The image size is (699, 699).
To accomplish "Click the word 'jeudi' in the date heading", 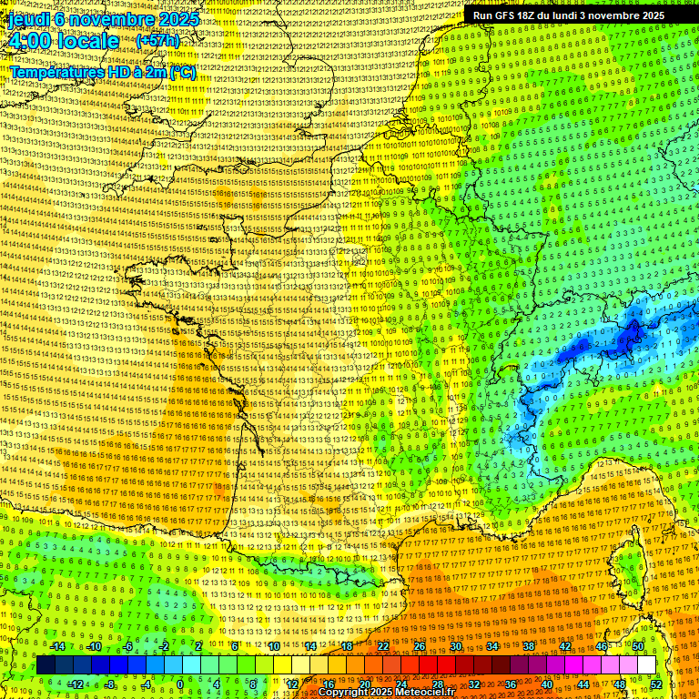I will point(27,18).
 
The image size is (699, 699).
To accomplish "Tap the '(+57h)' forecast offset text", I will point(157,41).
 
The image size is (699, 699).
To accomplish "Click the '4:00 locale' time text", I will point(64,41).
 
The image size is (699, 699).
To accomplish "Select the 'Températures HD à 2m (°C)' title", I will point(103,72).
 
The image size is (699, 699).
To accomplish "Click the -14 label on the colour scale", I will point(58,646).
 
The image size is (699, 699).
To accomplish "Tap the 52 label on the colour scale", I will point(656,684).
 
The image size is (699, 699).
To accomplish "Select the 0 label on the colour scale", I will point(179,684).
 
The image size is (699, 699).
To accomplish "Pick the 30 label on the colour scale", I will point(455,646).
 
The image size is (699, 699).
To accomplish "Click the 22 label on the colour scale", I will point(383,646).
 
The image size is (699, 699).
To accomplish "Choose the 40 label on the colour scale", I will point(546,684).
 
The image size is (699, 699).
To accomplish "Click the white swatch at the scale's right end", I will point(646,665).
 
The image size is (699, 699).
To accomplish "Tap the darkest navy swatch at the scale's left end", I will point(46,665).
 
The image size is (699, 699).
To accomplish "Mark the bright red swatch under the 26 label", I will point(428,665).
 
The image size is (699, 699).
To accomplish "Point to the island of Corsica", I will point(628,564).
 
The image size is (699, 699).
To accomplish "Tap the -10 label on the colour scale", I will point(95,646).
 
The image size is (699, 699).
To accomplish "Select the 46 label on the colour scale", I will point(601,646).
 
